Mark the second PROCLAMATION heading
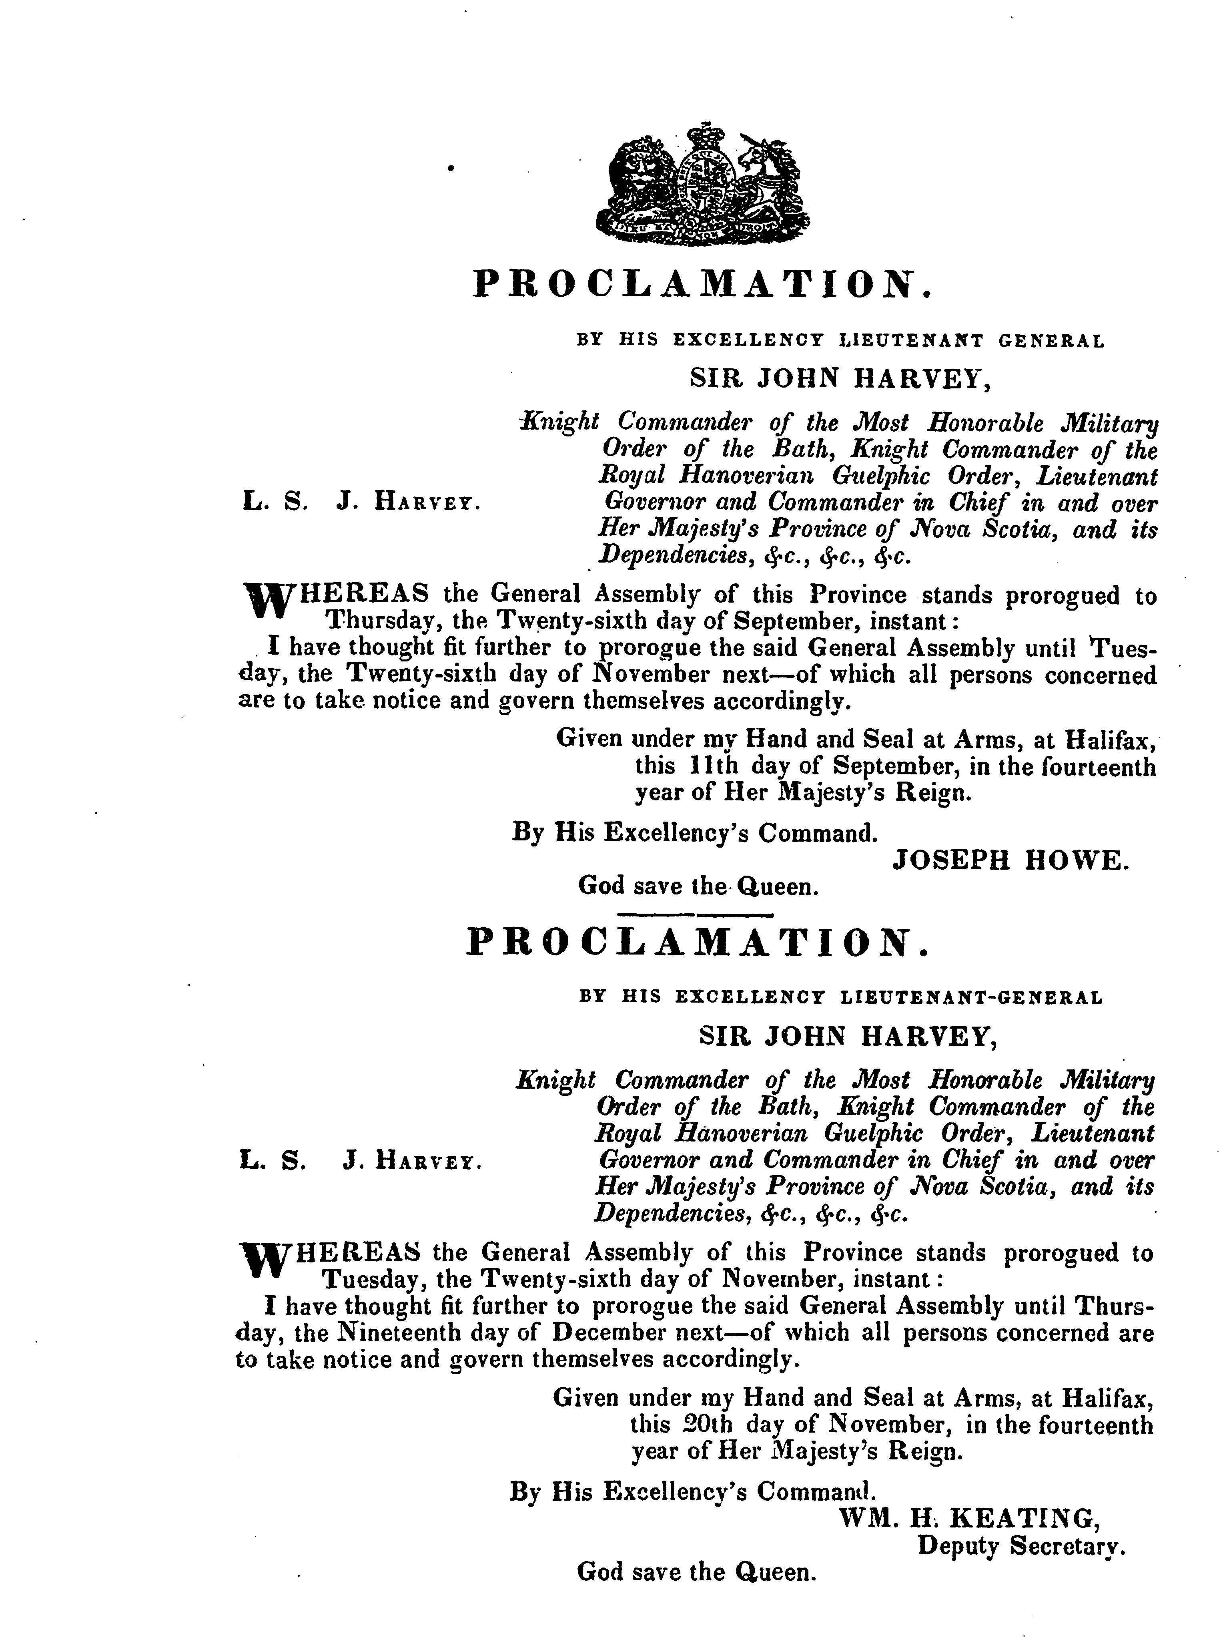pyautogui.click(x=697, y=943)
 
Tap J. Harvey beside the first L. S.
pyautogui.click(x=409, y=504)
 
